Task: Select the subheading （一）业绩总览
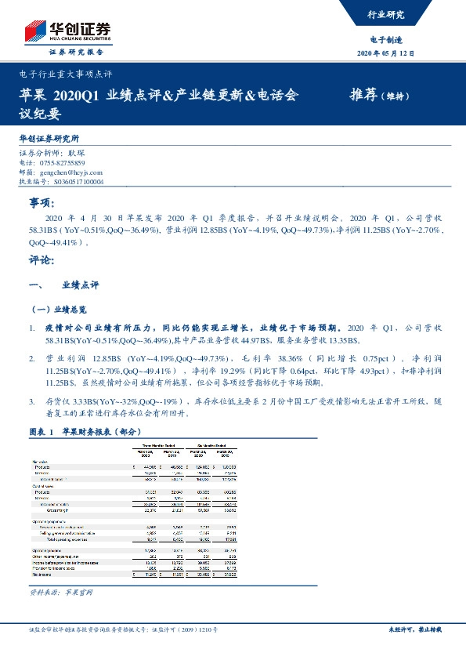point(61,309)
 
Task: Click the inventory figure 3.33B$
point(86,400)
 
